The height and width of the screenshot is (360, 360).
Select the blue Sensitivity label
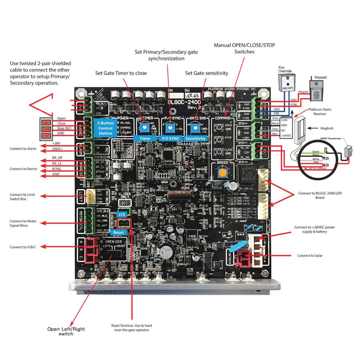click(x=196, y=138)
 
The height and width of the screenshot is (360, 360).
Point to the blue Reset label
click(x=119, y=232)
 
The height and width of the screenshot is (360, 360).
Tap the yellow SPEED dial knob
click(x=222, y=173)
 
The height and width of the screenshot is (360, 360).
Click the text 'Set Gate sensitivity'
click(x=206, y=73)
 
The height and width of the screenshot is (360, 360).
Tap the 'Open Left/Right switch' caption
click(x=66, y=331)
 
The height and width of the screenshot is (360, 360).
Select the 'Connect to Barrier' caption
click(x=24, y=169)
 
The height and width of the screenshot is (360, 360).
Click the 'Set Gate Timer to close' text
click(x=121, y=73)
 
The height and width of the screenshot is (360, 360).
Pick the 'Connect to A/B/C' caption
click(x=23, y=247)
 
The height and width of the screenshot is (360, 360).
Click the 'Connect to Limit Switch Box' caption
click(x=22, y=197)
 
